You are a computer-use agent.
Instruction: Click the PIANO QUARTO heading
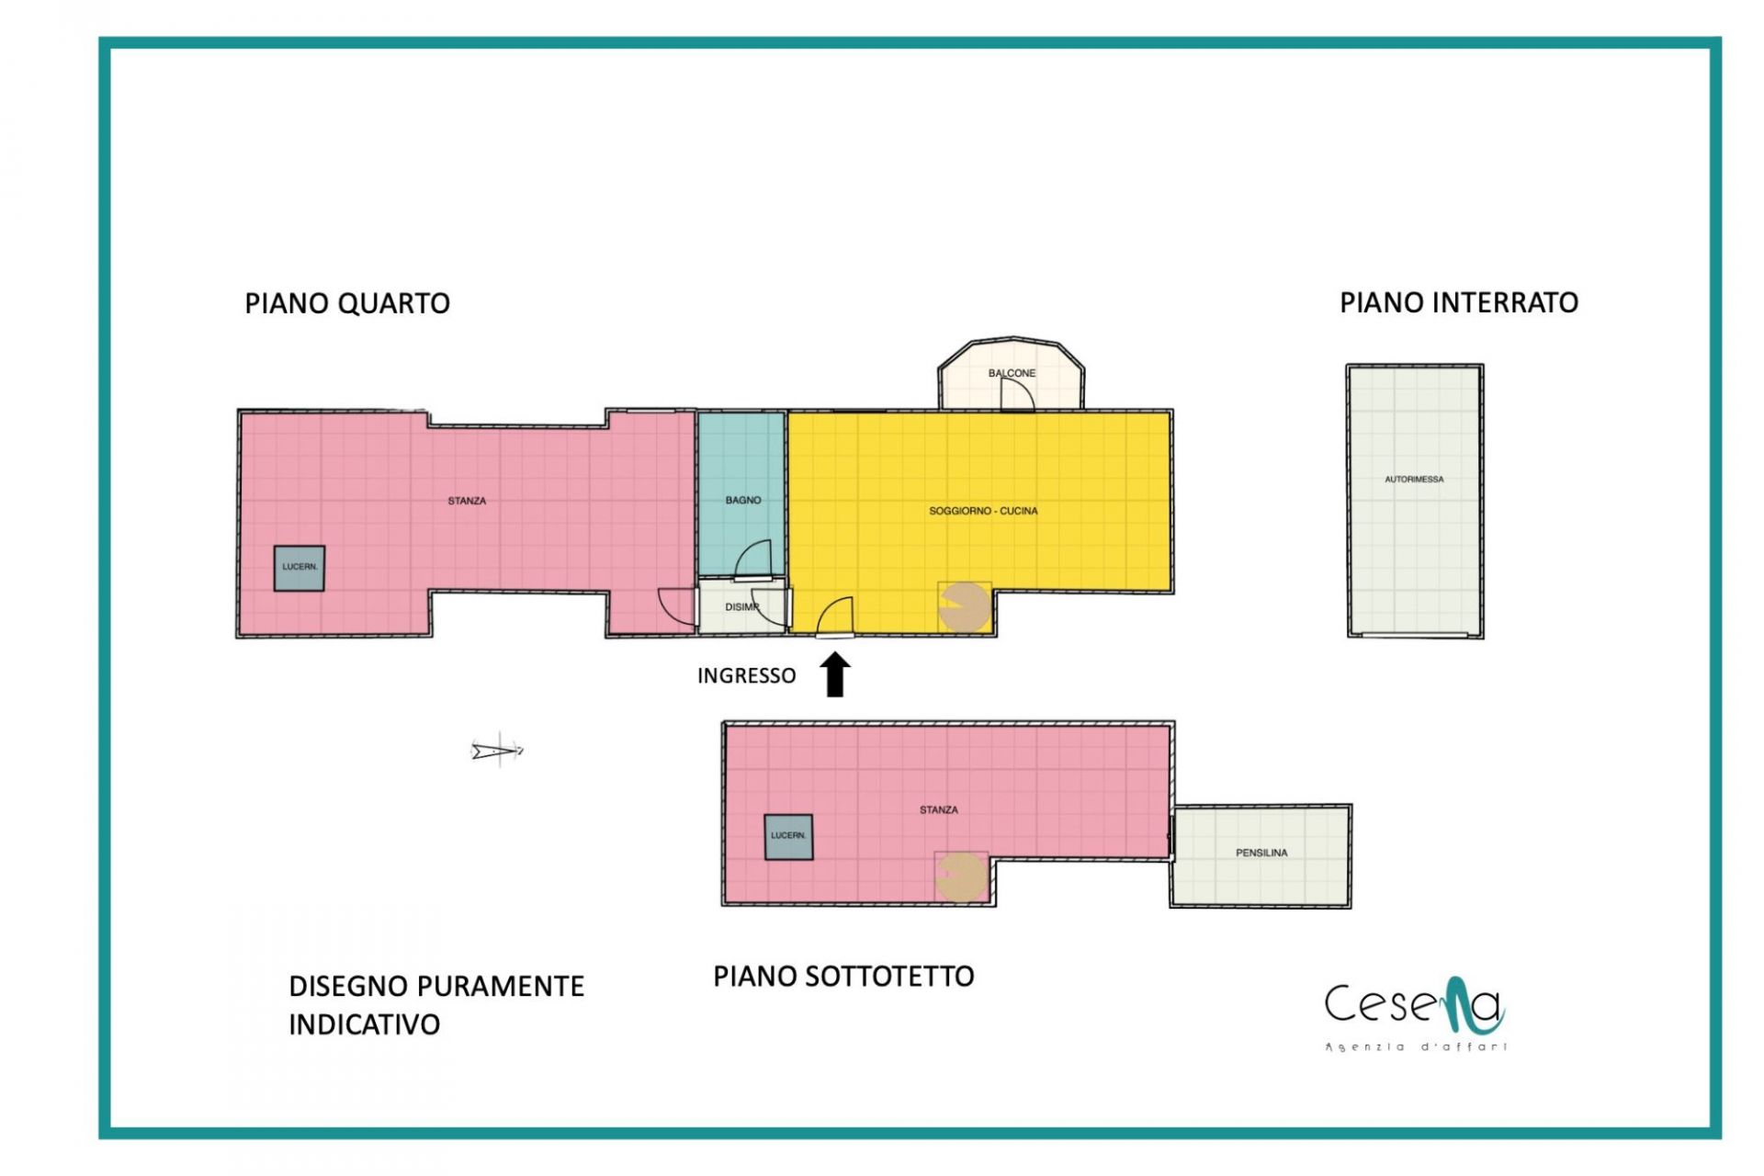click(347, 304)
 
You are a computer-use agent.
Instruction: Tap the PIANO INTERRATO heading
click(1459, 303)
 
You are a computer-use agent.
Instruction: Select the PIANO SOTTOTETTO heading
click(843, 977)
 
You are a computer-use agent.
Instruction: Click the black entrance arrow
click(835, 674)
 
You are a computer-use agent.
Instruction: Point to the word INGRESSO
click(746, 676)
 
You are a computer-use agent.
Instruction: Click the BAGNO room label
click(743, 501)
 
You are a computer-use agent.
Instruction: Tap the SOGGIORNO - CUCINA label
click(983, 511)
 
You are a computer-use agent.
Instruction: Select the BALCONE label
click(1012, 373)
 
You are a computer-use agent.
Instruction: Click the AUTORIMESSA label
click(1414, 480)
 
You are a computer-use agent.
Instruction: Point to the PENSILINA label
click(1261, 854)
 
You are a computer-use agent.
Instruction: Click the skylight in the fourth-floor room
click(300, 568)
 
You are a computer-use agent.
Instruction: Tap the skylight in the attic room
click(788, 837)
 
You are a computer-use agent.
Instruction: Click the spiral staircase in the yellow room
click(964, 606)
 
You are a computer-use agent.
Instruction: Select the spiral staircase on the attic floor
click(961, 876)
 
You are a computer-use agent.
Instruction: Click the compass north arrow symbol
click(497, 751)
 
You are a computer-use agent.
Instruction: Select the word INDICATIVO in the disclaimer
click(365, 1025)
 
